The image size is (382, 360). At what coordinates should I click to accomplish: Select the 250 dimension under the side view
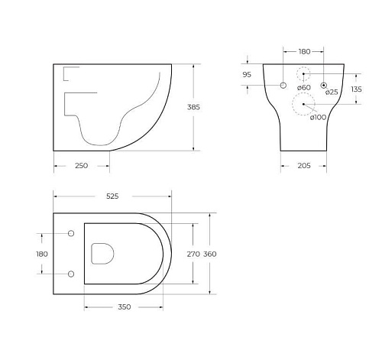(82, 166)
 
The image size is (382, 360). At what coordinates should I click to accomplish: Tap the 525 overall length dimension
(112, 196)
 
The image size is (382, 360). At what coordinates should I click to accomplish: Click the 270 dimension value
(193, 253)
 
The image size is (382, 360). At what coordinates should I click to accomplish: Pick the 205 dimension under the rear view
(304, 166)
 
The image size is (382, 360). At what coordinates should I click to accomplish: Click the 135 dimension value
(356, 89)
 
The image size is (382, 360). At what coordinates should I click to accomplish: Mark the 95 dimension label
(246, 75)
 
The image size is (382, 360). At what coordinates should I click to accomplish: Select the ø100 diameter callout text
(319, 117)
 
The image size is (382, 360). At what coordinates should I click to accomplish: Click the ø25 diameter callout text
(331, 92)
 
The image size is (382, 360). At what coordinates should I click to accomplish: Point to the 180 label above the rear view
(304, 52)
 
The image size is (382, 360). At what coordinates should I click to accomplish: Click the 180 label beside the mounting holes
(42, 253)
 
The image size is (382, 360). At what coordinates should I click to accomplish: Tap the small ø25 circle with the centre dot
(324, 85)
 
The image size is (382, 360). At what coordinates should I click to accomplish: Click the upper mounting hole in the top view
(71, 233)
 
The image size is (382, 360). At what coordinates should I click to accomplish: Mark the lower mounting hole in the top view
(71, 273)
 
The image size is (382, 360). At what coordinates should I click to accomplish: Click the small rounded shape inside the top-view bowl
(101, 253)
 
